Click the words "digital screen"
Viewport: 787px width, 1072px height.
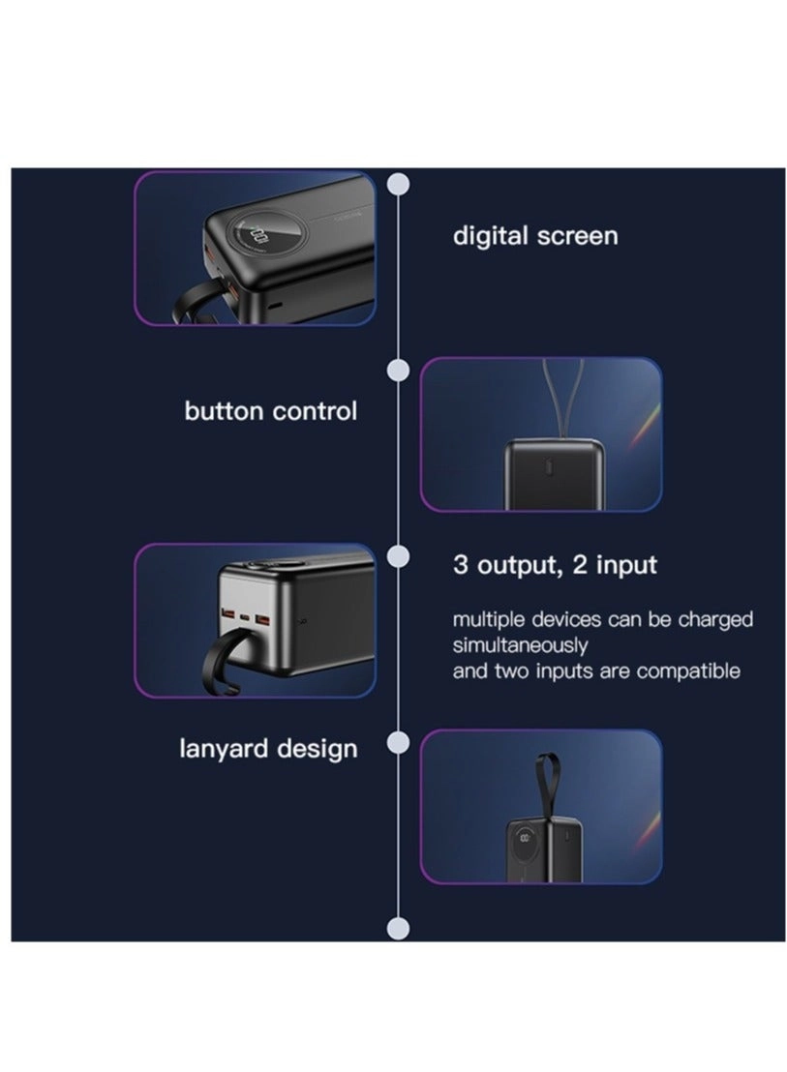534,236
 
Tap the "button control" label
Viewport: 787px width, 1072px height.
271,411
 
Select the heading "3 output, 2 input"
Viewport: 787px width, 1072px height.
555,565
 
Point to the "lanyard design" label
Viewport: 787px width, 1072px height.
268,749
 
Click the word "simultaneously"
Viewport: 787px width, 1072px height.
520,645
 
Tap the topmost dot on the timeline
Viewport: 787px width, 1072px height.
399,185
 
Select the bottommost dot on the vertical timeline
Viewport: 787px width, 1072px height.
399,929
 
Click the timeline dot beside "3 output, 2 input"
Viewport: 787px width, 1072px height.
399,556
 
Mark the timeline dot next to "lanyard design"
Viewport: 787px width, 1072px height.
399,742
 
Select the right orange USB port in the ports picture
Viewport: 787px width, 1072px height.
262,620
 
